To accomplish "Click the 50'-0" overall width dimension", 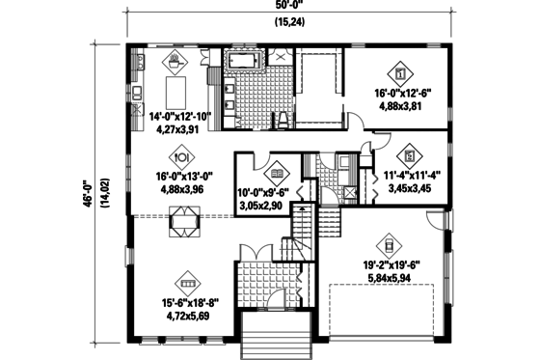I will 285,7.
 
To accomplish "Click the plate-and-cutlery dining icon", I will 180,157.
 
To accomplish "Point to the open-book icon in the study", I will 276,172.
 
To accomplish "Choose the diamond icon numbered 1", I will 401,71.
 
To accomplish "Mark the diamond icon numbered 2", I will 411,154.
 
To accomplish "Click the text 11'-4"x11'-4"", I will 410,176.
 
